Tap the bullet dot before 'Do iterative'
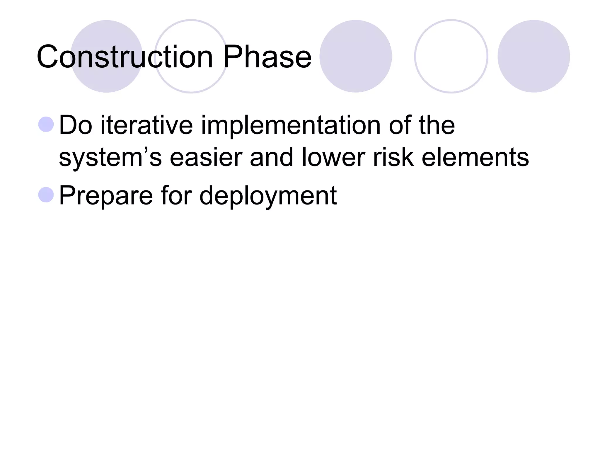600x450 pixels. pyautogui.click(x=46, y=124)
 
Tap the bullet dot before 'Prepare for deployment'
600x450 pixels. pyautogui.click(x=46, y=195)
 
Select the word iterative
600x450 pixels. pyautogui.click(x=146, y=125)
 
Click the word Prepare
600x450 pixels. pyautogui.click(x=106, y=196)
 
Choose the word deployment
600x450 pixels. pyautogui.click(x=268, y=196)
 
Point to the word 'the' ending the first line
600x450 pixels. pyautogui.click(x=436, y=125)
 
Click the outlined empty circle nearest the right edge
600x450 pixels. pyautogui.click(x=451, y=56)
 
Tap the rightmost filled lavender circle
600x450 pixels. pyautogui.click(x=533, y=56)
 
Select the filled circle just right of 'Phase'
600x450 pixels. pyautogui.click(x=355, y=56)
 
